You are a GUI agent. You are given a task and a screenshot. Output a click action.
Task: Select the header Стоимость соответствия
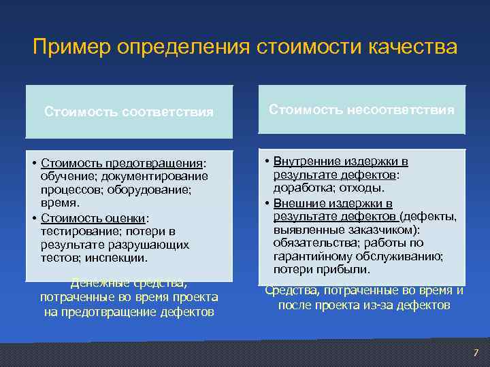pos(129,111)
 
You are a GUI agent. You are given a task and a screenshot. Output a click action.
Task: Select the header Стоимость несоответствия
pos(361,109)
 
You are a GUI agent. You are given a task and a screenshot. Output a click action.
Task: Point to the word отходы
pos(360,188)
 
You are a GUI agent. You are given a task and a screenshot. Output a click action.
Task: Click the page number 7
pos(476,352)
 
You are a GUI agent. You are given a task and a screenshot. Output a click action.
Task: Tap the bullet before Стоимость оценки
pos(34,218)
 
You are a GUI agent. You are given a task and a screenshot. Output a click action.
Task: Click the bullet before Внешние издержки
pos(266,203)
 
